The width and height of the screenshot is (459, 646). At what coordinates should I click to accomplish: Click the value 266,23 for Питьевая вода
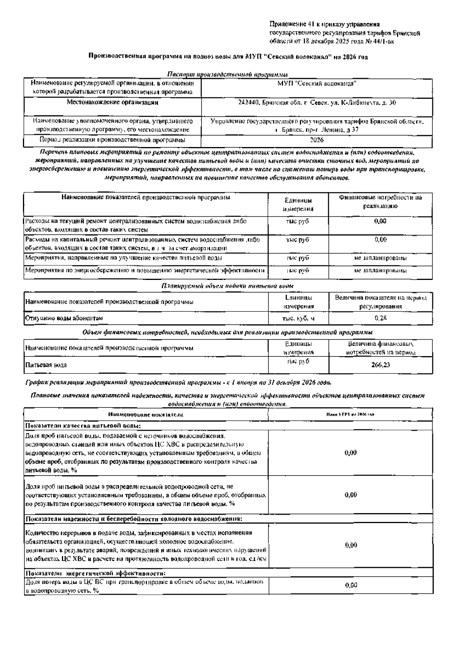click(380, 365)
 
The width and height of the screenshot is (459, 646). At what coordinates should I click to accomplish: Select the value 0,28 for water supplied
click(380, 318)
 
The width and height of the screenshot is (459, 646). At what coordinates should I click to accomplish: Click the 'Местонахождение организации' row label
click(112, 103)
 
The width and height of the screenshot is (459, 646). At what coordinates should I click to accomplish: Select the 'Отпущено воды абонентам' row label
click(64, 318)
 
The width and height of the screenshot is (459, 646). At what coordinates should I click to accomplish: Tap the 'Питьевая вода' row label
click(46, 365)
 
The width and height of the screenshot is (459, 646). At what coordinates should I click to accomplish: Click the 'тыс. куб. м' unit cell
click(298, 318)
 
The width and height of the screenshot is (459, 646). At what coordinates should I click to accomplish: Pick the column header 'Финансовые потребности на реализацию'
click(380, 202)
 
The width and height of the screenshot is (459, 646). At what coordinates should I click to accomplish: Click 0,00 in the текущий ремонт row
click(380, 221)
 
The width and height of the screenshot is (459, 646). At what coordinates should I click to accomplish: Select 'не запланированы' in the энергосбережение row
click(380, 271)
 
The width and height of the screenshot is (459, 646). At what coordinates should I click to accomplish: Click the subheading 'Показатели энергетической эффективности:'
click(96, 573)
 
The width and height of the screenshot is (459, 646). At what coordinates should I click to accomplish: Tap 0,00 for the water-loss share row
click(351, 585)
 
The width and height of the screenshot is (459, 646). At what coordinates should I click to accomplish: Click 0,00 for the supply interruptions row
click(351, 545)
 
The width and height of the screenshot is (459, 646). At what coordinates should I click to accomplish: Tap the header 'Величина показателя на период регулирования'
click(380, 302)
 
